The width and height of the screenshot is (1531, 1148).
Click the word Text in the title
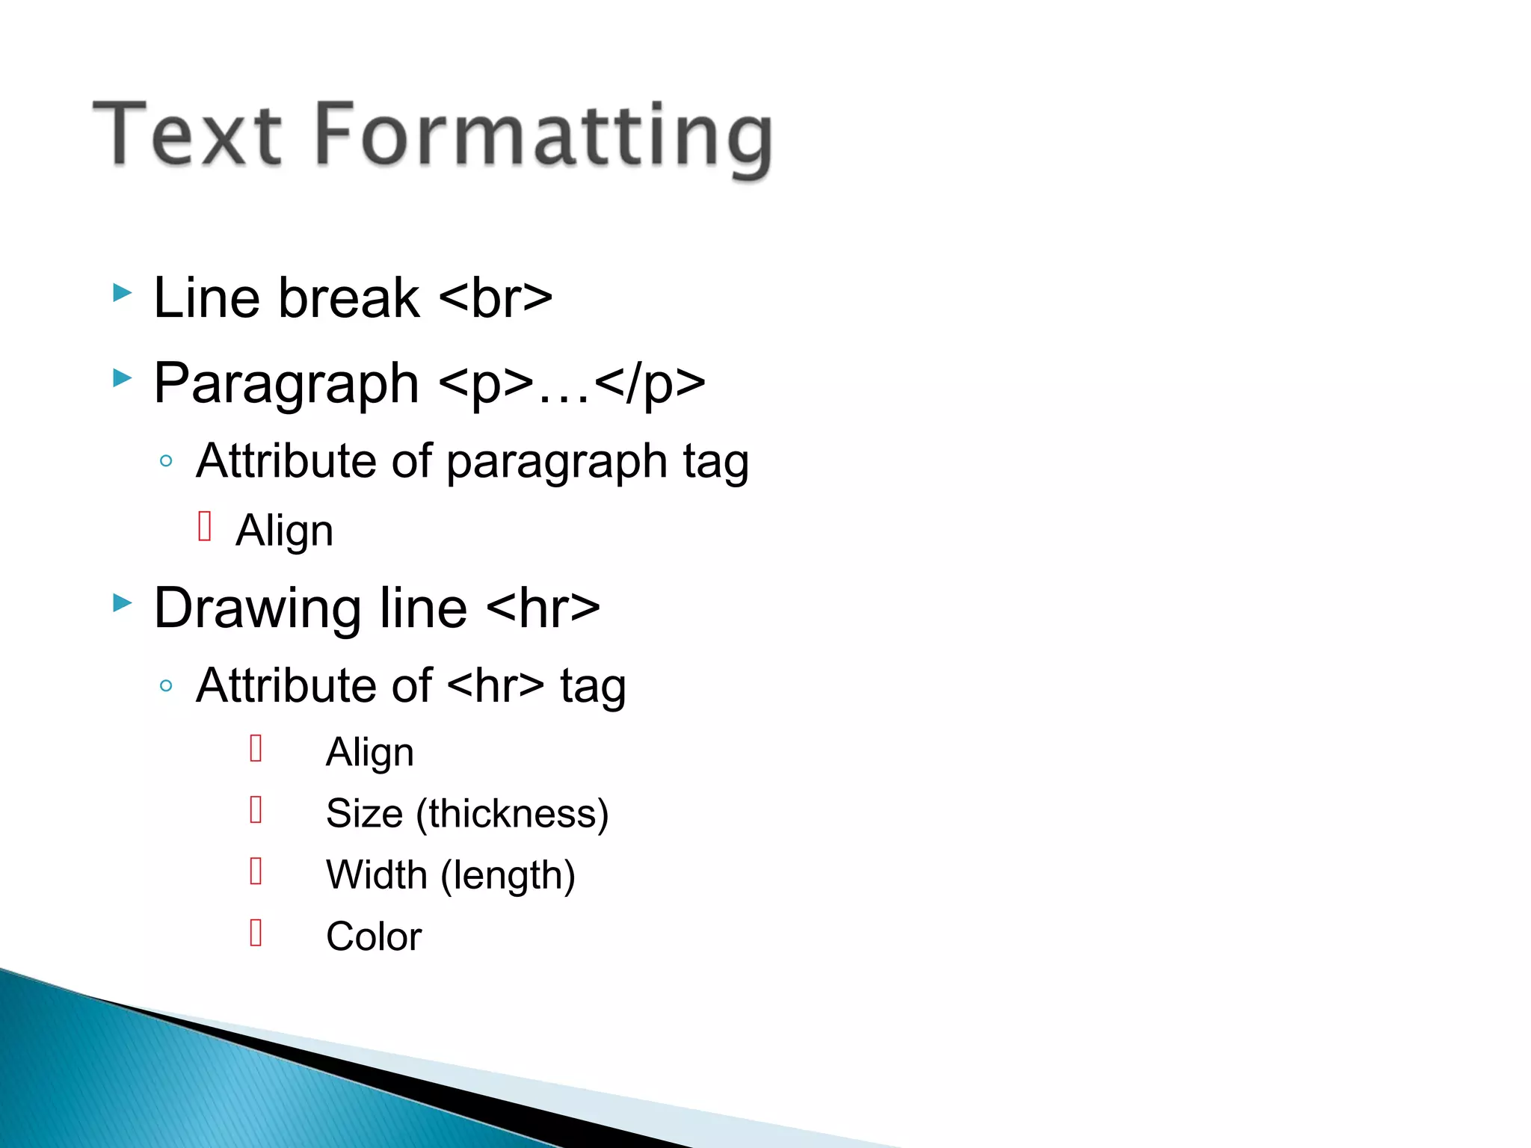pos(187,135)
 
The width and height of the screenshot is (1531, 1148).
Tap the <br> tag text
pos(496,298)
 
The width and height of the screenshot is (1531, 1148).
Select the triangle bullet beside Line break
pos(122,292)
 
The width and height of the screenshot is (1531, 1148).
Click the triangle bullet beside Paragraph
pos(122,377)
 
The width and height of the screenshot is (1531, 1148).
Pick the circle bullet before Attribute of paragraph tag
pos(166,460)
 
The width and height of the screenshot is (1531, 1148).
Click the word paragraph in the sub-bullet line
pos(557,462)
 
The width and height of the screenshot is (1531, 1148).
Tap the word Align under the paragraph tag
pos(284,531)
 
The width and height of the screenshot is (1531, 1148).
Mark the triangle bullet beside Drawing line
pos(122,602)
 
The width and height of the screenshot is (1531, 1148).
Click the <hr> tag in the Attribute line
pos(498,685)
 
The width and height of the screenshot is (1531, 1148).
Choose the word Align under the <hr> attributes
pos(369,752)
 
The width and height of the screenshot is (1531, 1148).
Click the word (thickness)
pos(513,814)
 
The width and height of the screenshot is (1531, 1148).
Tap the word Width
pos(377,874)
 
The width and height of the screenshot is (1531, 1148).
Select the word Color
pos(374,936)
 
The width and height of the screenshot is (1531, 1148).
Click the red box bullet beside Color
pos(256,932)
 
